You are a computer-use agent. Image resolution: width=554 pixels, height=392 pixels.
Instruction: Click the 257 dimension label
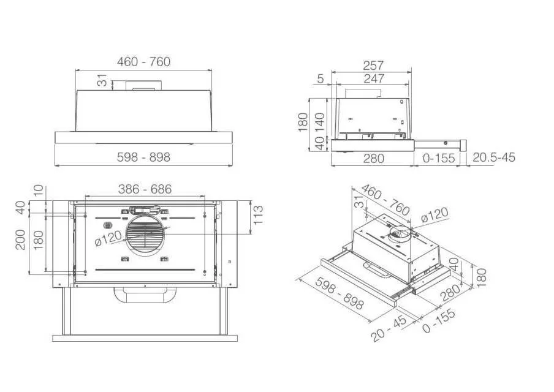373,66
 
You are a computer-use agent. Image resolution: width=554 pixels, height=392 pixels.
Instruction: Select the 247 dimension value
374,78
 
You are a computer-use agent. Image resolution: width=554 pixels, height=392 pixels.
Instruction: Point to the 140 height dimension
320,123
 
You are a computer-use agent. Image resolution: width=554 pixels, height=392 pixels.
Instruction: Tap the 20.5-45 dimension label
493,157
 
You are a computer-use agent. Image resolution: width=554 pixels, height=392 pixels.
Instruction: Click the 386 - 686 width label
145,189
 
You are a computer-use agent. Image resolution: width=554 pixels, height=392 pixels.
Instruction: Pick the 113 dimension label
258,215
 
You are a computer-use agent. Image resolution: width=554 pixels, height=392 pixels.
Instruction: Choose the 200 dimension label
20,239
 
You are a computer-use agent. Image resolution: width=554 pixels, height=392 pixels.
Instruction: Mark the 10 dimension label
38,190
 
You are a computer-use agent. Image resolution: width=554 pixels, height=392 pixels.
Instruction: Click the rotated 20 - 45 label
389,329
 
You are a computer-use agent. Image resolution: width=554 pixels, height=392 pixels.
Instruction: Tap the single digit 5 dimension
320,78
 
